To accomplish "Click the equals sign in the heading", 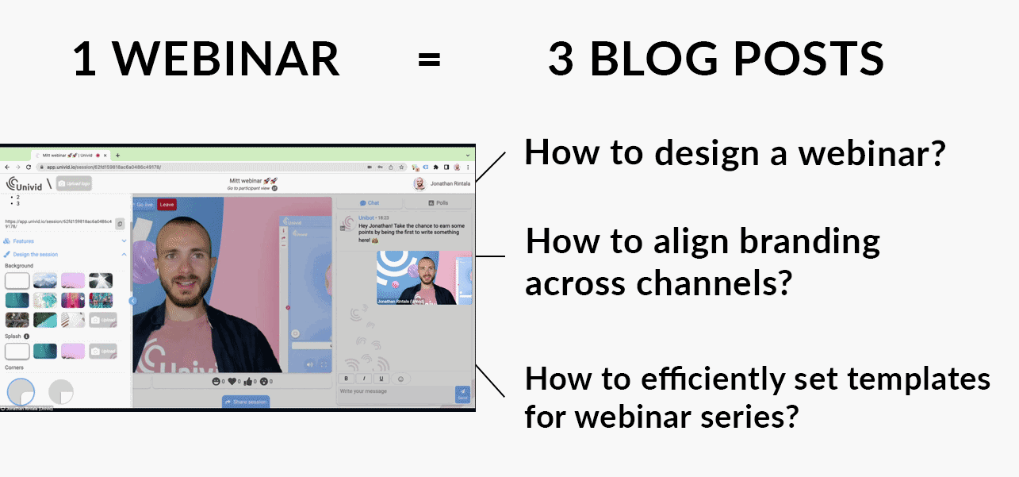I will [429, 59].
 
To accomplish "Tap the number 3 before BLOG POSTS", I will [561, 59].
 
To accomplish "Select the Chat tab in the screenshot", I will [370, 203].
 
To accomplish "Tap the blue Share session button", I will [246, 402].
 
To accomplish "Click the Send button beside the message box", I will [462, 394].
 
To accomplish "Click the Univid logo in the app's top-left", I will [24, 185].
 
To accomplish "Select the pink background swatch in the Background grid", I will [72, 281].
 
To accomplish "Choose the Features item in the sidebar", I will [24, 240].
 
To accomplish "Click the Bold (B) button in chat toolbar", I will [347, 379].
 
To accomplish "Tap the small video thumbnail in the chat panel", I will [423, 279].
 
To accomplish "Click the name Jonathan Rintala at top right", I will [450, 183].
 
